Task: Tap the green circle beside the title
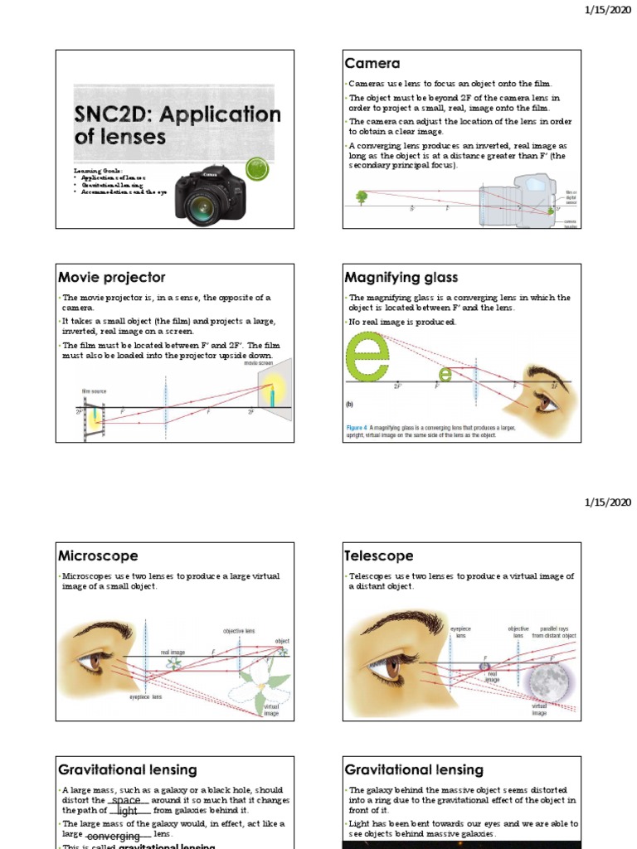pos(260,167)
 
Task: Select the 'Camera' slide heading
pos(372,64)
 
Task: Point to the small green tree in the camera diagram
pos(362,197)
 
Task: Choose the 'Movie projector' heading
pos(111,277)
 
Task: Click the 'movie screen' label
pos(260,363)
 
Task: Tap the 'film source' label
pos(93,391)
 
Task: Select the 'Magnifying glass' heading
pos(401,277)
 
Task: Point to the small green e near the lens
pos(445,375)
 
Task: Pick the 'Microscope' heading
pos(98,555)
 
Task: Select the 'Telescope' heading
pos(379,555)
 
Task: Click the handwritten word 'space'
pos(126,799)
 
